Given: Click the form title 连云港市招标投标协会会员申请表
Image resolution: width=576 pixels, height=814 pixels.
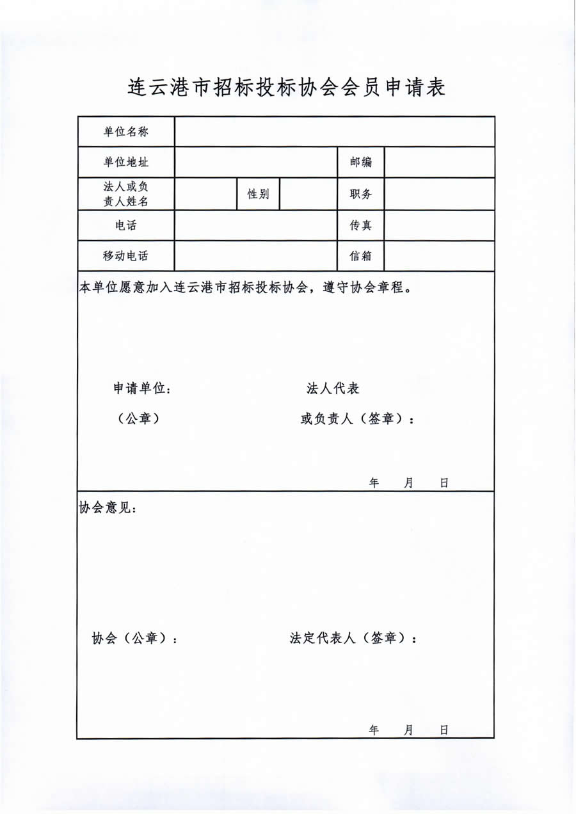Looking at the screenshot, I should coord(287,87).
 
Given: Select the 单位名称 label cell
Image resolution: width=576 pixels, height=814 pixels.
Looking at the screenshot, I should coord(126,132).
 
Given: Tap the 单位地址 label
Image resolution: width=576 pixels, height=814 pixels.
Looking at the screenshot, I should coord(126,163).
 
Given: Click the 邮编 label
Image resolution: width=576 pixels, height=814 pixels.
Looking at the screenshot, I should coord(360,163).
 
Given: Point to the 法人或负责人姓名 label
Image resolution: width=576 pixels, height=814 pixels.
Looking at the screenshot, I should coord(126,194).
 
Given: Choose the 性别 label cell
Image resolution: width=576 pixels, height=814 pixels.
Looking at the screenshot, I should coord(258,194).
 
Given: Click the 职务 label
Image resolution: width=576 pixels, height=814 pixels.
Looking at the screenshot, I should coord(360,194).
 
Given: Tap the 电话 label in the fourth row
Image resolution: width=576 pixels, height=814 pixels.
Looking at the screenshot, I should coord(126,225).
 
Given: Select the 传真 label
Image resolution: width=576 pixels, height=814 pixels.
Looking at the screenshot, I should coord(360,225).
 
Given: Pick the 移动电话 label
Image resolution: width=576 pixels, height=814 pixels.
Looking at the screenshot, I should coord(126,256).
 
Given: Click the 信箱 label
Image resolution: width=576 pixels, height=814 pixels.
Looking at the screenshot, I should coord(360,256).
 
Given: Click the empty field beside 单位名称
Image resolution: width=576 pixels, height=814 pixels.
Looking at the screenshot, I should coord(334,132).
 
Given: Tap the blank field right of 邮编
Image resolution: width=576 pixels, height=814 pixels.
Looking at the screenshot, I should coord(439,163).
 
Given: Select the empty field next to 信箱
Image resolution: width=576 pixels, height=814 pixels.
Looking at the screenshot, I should coord(439,256).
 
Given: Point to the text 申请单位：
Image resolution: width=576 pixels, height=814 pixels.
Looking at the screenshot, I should coord(142,388).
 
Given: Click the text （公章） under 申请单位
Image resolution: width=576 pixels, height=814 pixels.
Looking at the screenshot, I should coord(138,419).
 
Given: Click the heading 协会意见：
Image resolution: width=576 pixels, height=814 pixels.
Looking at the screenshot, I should coord(107,508).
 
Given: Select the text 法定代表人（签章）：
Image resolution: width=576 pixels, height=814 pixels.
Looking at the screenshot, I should coord(353,639).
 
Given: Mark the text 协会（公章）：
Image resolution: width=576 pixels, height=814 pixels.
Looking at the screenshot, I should coord(135,639).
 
